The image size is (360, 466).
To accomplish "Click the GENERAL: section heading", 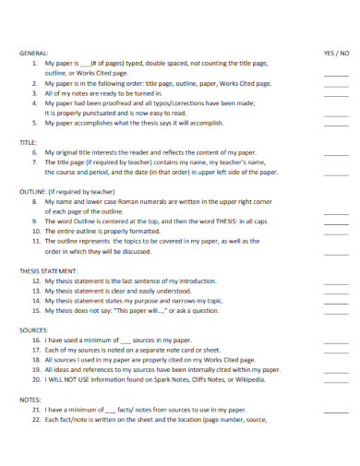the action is tap(34, 54).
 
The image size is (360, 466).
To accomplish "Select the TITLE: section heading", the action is tap(29, 142).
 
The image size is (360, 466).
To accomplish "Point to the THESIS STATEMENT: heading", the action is tap(52, 270).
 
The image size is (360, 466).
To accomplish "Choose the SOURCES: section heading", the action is tap(34, 329).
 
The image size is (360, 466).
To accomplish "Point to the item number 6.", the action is tap(35, 152).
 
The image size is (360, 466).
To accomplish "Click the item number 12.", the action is tap(36, 281).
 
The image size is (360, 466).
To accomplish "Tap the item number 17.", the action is tap(36, 350).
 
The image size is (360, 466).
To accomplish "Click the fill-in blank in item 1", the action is tap(85, 64).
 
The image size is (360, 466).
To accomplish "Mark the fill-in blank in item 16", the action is tap(126, 341).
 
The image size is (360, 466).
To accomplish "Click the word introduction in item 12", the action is tap(196, 281).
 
